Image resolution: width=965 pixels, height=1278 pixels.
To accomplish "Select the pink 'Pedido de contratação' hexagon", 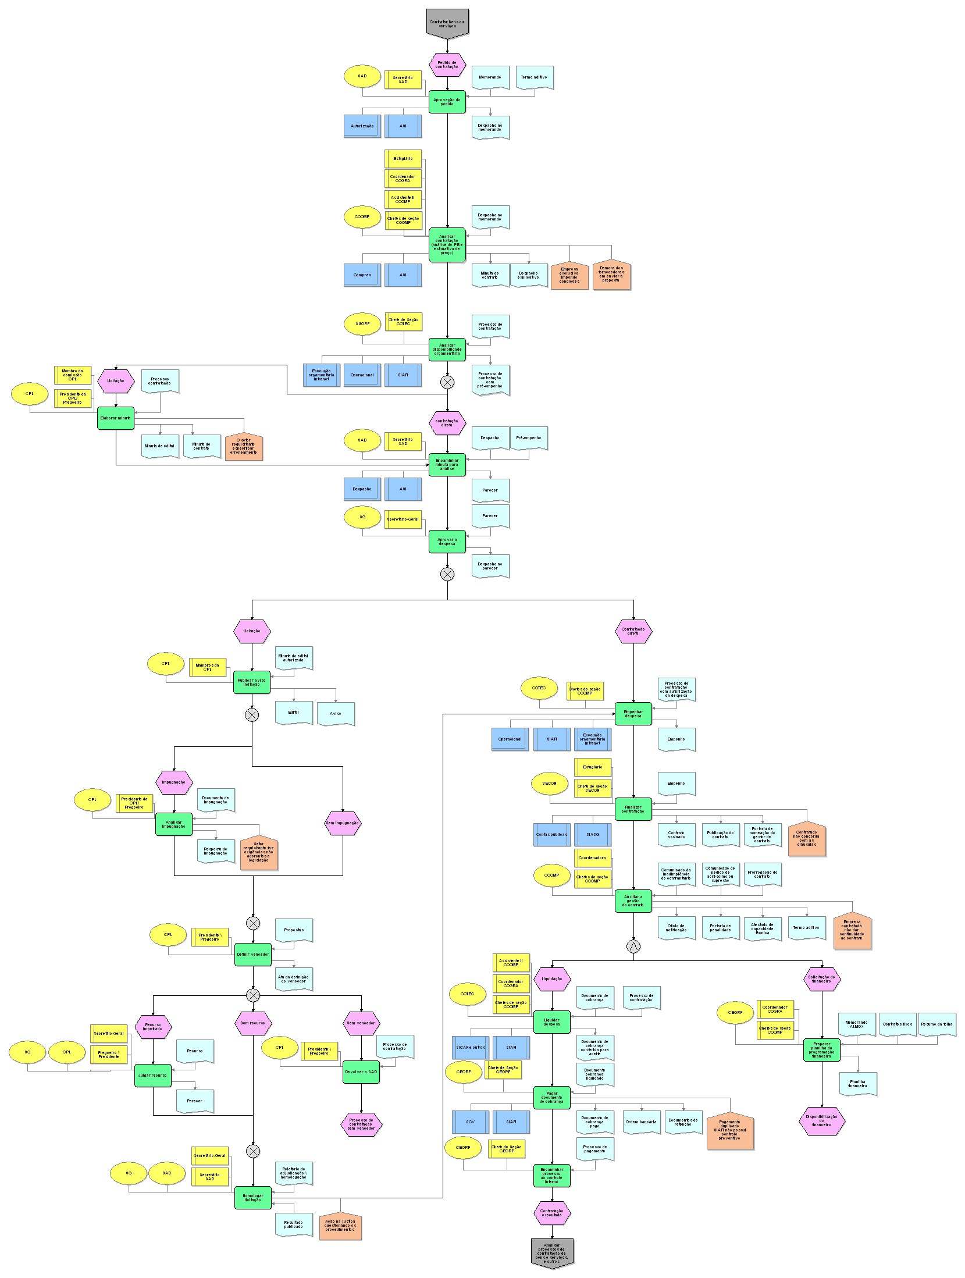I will pos(447,65).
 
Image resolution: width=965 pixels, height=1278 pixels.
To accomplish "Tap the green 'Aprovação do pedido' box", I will pos(447,102).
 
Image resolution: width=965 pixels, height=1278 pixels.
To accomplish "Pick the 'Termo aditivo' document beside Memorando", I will pos(534,77).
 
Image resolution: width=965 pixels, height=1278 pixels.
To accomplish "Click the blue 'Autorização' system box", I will pos(362,126).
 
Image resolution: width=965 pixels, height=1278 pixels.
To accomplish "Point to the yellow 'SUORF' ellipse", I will pos(362,323).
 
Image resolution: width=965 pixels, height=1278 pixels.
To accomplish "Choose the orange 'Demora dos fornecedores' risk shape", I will pos(611,275).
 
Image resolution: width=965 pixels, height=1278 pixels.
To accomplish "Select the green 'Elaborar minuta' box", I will pos(116,418).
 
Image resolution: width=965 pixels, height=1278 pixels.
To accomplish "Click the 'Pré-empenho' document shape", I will pos(529,439).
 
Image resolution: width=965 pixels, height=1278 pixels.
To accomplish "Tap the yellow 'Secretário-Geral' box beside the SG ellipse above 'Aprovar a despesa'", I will pos(403,519).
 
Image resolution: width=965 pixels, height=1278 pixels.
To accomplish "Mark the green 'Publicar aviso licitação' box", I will pos(252,682).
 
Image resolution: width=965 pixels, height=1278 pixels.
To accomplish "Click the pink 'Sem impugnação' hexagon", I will pos(343,823).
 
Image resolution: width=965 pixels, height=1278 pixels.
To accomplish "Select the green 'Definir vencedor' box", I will pos(253,955).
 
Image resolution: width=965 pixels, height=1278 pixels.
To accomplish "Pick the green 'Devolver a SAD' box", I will pos(361,1071).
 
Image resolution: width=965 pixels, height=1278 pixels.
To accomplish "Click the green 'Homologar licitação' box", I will pos(253,1198).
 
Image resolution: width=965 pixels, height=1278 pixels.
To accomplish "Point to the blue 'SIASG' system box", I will pos(593,834).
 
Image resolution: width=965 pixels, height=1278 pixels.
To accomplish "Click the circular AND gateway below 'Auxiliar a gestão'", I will pos(633,946).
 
